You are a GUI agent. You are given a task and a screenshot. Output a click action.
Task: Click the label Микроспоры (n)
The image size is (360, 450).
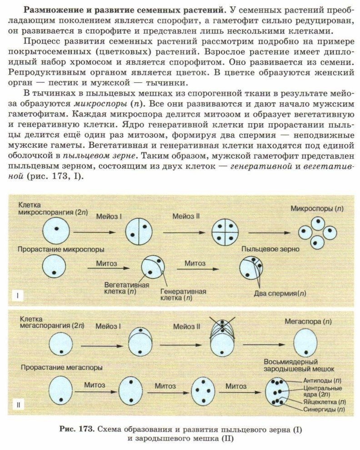click(x=313, y=209)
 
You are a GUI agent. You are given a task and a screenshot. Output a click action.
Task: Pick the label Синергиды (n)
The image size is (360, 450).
click(x=324, y=410)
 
